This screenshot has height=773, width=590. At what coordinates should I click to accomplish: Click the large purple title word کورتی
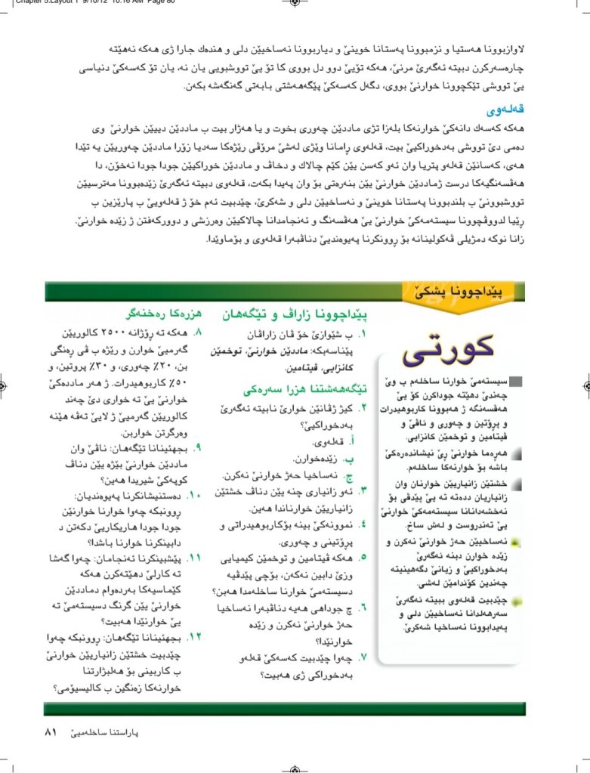[x=450, y=348]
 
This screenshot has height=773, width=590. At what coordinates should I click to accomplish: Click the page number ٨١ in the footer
[x=51, y=731]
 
